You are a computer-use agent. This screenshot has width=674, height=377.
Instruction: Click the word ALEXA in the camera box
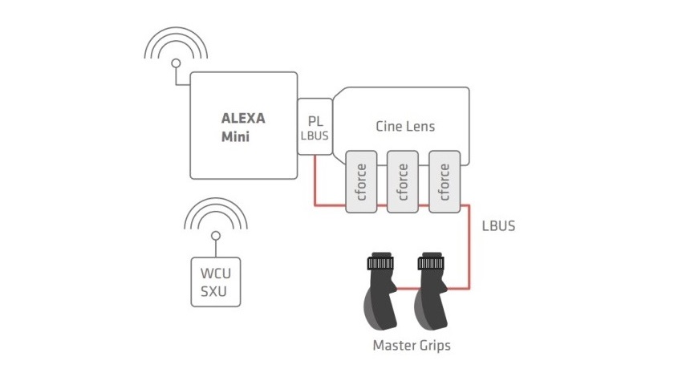[243, 118]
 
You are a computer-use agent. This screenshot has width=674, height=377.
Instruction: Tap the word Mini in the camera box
[235, 136]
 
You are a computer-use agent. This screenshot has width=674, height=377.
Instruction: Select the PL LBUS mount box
[315, 127]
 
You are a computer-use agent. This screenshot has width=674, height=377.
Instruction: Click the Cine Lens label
[405, 126]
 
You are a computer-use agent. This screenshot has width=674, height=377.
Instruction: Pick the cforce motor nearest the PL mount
[361, 181]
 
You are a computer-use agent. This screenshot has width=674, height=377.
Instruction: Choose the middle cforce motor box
[403, 181]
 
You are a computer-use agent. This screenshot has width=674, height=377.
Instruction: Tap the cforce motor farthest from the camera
[445, 181]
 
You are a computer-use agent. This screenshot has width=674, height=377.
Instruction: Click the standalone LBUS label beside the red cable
[498, 225]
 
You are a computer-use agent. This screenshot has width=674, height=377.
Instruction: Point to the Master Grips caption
[412, 345]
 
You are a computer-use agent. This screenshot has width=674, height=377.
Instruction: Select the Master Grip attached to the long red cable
[431, 291]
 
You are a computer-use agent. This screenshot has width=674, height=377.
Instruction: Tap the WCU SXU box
[216, 282]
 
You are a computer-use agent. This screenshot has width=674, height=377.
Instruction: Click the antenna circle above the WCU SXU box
[216, 236]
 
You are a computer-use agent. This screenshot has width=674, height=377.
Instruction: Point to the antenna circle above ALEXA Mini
[176, 63]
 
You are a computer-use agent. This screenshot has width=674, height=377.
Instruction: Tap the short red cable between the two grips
[406, 289]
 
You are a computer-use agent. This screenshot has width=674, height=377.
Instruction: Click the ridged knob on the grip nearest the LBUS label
[431, 262]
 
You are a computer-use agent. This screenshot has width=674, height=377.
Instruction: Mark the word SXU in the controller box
[213, 291]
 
